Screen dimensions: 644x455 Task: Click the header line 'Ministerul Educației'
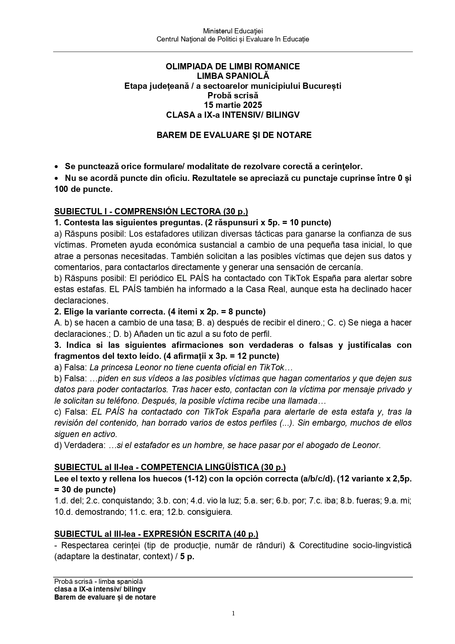click(x=233, y=31)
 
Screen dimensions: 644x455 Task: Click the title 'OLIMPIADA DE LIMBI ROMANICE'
click(x=233, y=66)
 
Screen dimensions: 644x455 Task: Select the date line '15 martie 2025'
click(x=233, y=105)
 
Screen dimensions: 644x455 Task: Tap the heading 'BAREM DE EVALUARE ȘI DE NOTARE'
click(x=234, y=135)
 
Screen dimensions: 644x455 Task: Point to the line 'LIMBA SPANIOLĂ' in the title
click(x=233, y=76)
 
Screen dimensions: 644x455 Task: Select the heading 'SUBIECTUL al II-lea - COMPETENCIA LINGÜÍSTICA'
click(x=170, y=467)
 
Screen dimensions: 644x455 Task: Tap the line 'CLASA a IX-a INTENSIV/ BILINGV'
click(x=233, y=115)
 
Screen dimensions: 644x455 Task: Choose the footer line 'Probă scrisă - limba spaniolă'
click(x=98, y=582)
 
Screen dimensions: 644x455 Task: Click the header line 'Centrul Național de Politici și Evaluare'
click(x=233, y=39)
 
